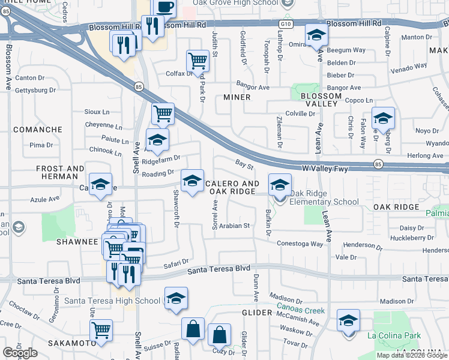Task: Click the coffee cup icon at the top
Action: (164, 7)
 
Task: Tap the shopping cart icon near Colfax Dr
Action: (197, 60)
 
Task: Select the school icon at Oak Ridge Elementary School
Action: (279, 184)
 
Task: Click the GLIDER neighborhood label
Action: (258, 313)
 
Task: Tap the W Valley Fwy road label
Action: (325, 169)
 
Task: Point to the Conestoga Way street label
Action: (300, 244)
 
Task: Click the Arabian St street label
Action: (234, 226)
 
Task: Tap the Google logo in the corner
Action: (20, 353)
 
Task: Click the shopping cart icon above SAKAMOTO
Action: (101, 330)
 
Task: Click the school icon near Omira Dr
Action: (316, 35)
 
